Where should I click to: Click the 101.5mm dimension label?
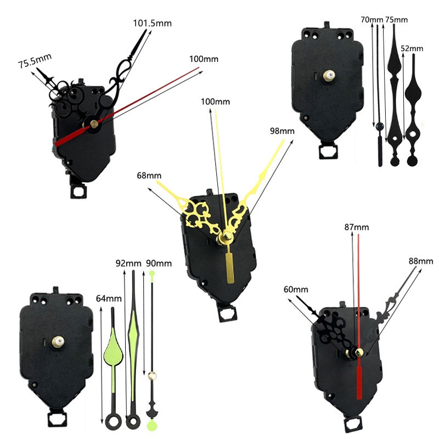[153, 23]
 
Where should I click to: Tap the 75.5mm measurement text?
[35, 61]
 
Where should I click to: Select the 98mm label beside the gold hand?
[282, 131]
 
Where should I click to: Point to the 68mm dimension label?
[149, 176]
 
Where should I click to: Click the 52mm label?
[412, 48]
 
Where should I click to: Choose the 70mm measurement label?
[372, 20]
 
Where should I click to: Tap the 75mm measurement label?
[396, 20]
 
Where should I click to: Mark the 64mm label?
[109, 299]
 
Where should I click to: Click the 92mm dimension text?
[128, 263]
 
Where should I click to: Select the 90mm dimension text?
[159, 263]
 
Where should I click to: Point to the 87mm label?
[356, 227]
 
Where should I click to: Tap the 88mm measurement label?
[421, 261]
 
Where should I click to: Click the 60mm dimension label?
[296, 289]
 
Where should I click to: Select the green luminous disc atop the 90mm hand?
[152, 273]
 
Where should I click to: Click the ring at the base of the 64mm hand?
[113, 421]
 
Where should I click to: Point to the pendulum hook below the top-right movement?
[329, 151]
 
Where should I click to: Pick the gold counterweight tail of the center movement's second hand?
[230, 266]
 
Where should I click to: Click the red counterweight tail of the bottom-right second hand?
[359, 381]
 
